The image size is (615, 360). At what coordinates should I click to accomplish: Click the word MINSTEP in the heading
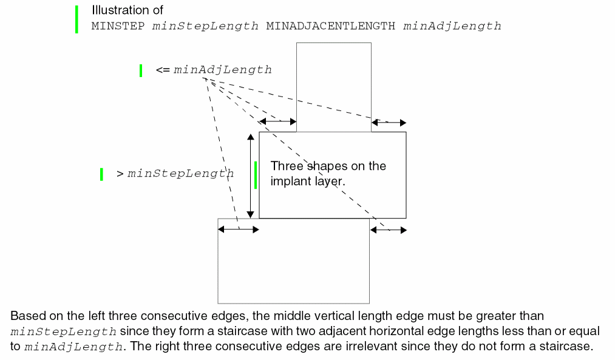(x=119, y=26)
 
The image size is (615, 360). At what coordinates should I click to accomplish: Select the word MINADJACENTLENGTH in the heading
(x=331, y=26)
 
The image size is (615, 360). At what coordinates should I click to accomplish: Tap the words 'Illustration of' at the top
(x=127, y=11)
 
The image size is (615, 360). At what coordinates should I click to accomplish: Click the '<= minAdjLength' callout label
(x=213, y=70)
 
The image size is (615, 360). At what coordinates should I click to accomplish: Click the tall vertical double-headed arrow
(x=250, y=176)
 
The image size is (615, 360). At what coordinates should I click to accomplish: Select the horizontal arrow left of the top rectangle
(x=277, y=122)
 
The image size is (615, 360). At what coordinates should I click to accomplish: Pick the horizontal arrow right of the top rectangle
(x=389, y=123)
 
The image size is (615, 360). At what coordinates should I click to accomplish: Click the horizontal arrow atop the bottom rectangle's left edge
(x=239, y=229)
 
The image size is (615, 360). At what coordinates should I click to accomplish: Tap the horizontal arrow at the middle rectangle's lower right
(x=389, y=229)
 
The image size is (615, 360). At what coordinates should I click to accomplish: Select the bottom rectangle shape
(x=293, y=267)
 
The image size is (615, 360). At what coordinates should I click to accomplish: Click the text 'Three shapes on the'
(x=328, y=166)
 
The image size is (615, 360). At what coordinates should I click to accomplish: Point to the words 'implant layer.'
(x=308, y=181)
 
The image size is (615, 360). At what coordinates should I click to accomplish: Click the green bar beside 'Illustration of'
(x=76, y=19)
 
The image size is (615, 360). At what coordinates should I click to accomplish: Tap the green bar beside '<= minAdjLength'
(x=141, y=70)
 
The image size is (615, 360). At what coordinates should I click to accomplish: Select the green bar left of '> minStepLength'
(x=101, y=174)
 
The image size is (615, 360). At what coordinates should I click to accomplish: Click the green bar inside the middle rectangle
(x=256, y=175)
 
